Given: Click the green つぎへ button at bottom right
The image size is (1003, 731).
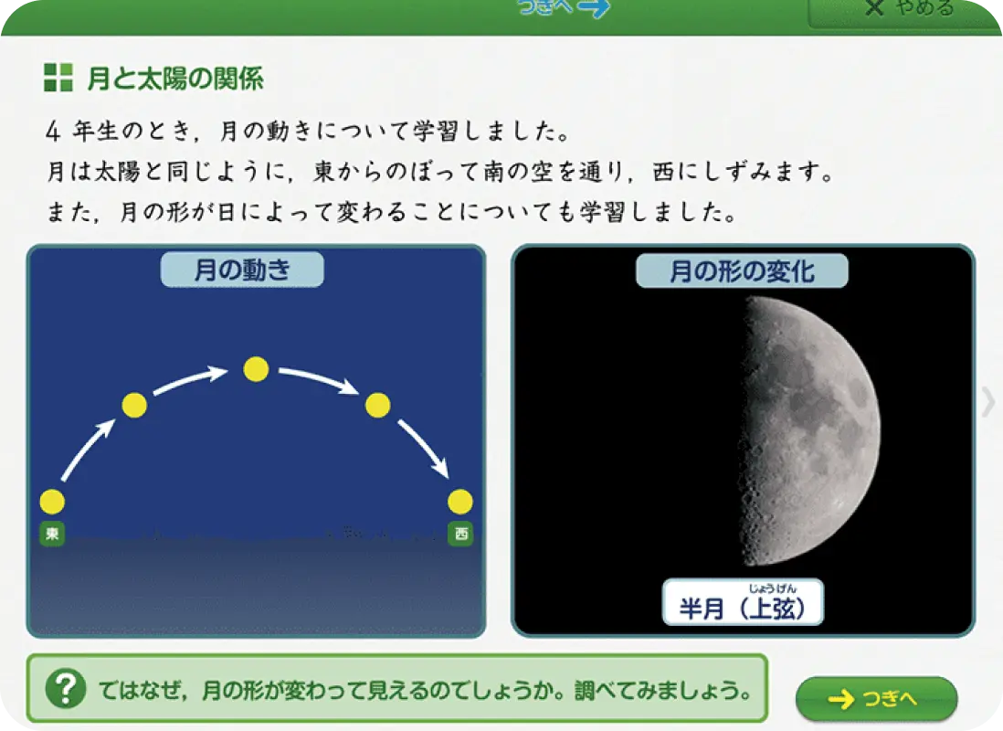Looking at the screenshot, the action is point(876,698).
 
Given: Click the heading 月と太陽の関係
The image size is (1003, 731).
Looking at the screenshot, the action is point(175,79).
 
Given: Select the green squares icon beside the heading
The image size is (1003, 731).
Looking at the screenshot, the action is point(58,78).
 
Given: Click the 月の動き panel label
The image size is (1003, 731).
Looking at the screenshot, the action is point(242,270).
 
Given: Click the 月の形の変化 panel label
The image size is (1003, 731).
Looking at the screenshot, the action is point(742,270).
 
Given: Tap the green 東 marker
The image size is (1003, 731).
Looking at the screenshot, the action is point(52,534).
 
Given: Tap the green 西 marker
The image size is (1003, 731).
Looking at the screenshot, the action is point(460,534).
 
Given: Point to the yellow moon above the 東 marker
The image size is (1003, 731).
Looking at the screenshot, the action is point(52,502).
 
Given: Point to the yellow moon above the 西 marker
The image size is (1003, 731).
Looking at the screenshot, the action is point(460,502).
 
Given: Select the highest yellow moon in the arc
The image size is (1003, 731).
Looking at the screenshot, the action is point(256,369).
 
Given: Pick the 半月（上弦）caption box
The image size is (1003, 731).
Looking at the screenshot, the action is point(743,601).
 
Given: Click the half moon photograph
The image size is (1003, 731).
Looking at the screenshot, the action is point(809,430).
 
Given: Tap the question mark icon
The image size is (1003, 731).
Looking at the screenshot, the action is point(66,689).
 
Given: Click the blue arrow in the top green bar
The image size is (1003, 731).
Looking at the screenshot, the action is point(593,8).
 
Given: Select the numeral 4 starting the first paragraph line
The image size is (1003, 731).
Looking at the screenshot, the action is point(53,132).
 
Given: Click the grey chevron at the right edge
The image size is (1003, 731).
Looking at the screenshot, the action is point(989,403).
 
